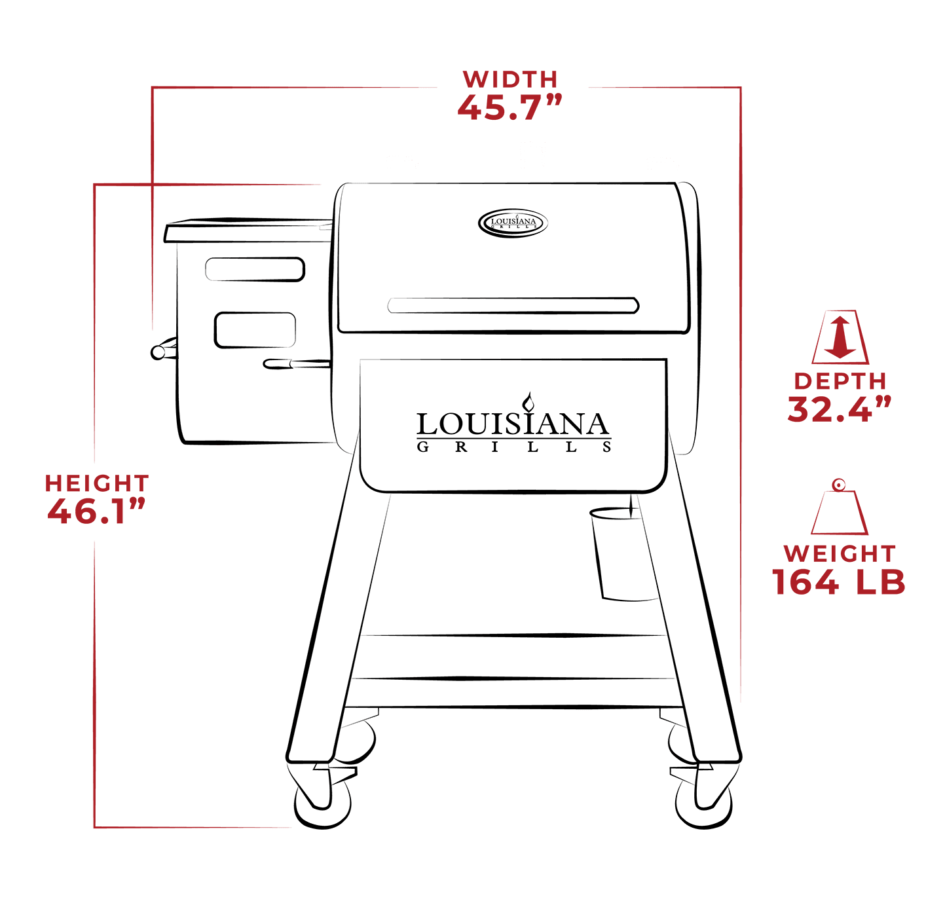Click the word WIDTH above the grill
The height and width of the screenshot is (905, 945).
510,79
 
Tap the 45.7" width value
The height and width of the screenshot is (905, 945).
510,107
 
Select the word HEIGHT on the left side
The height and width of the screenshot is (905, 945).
97,483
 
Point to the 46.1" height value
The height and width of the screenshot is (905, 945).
96,511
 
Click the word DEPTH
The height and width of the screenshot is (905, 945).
840,381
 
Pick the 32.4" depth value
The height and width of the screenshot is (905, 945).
840,409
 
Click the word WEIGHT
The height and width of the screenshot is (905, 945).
840,553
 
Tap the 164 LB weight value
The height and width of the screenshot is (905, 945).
839,582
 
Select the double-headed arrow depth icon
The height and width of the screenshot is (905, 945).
840,337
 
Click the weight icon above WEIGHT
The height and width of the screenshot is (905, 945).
840,508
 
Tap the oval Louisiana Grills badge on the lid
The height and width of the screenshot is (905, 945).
513,223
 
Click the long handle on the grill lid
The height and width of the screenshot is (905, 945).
513,305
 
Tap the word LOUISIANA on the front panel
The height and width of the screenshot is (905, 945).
513,424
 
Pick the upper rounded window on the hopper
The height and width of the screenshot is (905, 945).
255,269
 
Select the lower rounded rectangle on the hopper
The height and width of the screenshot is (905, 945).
255,330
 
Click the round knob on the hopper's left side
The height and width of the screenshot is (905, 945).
158,352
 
